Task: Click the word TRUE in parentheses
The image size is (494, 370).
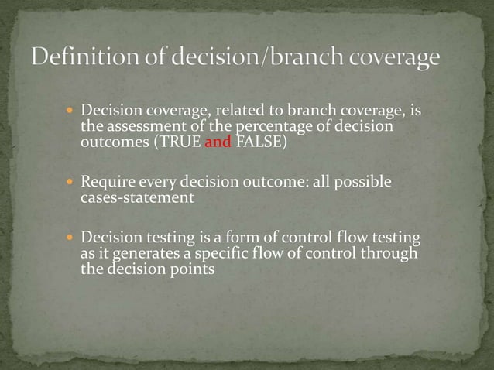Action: pyautogui.click(x=183, y=142)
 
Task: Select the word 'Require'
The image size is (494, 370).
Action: pyautogui.click(x=106, y=183)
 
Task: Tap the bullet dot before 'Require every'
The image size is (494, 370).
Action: pyautogui.click(x=70, y=183)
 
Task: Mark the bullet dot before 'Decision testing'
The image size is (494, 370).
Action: pyautogui.click(x=70, y=239)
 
